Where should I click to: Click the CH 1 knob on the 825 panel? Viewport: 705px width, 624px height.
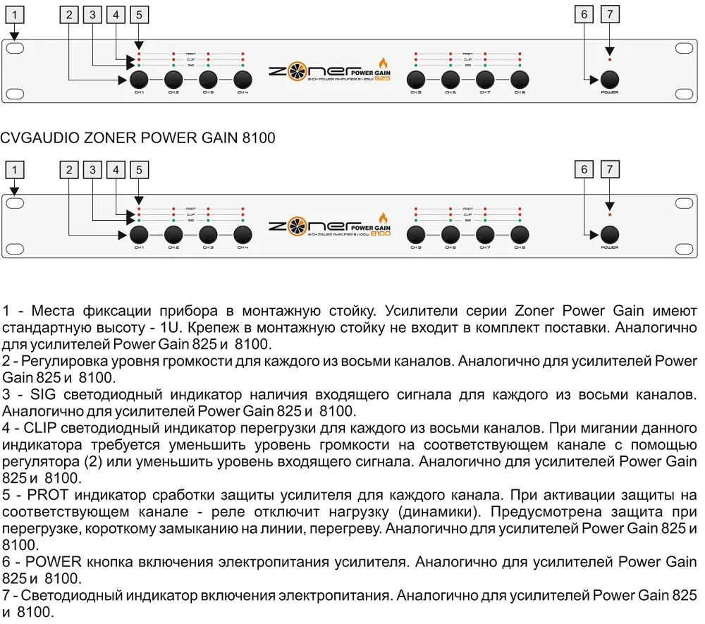(139, 79)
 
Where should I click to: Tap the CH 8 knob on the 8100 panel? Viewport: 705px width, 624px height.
(520, 234)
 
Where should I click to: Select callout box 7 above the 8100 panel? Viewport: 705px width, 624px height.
(609, 169)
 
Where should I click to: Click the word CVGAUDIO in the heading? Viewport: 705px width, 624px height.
(41, 137)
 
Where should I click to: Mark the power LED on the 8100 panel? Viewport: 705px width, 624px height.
(610, 214)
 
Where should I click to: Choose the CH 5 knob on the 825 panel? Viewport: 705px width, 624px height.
(416, 79)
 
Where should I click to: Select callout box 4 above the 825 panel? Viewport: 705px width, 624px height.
(116, 14)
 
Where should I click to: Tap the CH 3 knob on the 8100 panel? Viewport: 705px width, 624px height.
(208, 234)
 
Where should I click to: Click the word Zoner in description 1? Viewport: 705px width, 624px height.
(541, 310)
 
